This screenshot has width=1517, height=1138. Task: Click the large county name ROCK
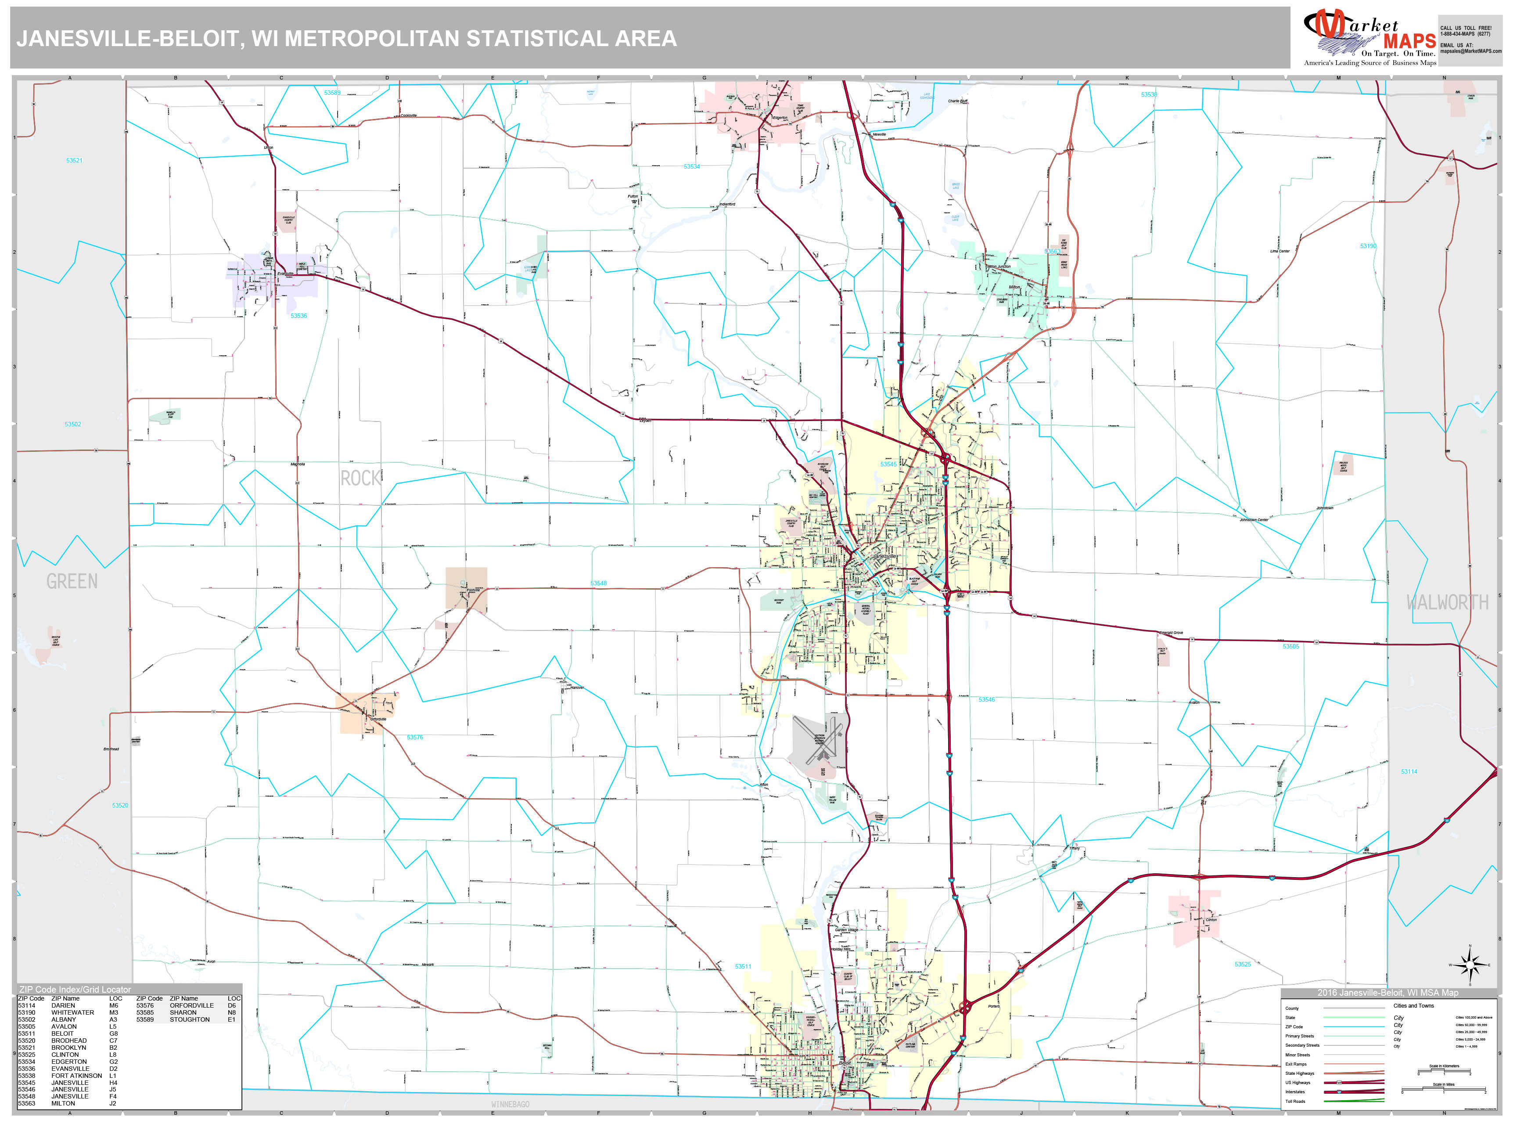coord(361,478)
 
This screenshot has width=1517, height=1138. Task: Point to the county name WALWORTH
coord(1447,602)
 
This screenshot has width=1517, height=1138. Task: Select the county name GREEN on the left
coord(72,582)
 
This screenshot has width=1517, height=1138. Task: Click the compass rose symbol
coord(1470,965)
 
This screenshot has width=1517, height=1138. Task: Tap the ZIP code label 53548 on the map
coord(598,583)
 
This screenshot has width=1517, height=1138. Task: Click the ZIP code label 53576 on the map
coord(415,738)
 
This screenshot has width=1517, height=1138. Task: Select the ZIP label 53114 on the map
coord(1409,772)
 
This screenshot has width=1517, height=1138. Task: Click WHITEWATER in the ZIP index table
coord(73,1012)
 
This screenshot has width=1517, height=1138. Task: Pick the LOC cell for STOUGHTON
coord(232,1019)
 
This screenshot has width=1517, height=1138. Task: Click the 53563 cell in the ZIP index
coord(27,1104)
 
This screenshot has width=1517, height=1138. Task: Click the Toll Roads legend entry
coord(1295,1101)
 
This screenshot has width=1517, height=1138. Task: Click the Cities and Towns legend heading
coord(1413,1005)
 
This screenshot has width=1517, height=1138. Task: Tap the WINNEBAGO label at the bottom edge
coord(510,1104)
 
